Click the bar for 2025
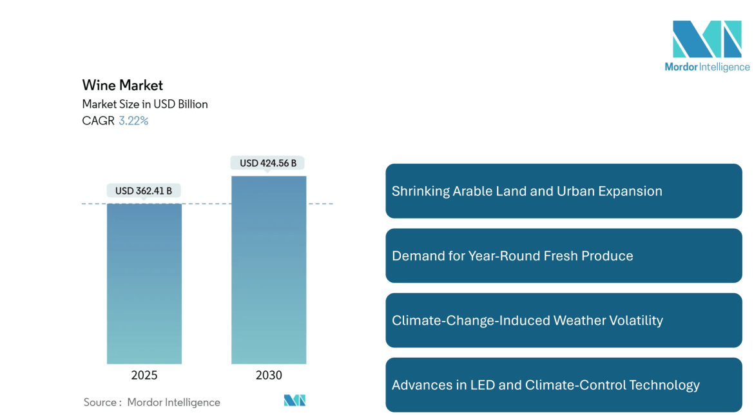[x=144, y=284]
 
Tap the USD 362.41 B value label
[x=144, y=191]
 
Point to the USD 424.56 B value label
[x=268, y=163]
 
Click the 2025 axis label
[x=144, y=375]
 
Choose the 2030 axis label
[x=269, y=375]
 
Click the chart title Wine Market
[x=122, y=85]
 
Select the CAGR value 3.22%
[x=133, y=121]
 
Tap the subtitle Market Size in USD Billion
[x=145, y=104]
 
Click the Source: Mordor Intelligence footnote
[x=151, y=402]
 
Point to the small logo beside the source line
[x=295, y=401]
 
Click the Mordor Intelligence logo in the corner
[x=707, y=46]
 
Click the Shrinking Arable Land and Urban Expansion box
[x=564, y=191]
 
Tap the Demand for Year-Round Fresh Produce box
[x=564, y=256]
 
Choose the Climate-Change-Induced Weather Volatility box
[x=564, y=320]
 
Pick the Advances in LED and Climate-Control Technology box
[x=564, y=385]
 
